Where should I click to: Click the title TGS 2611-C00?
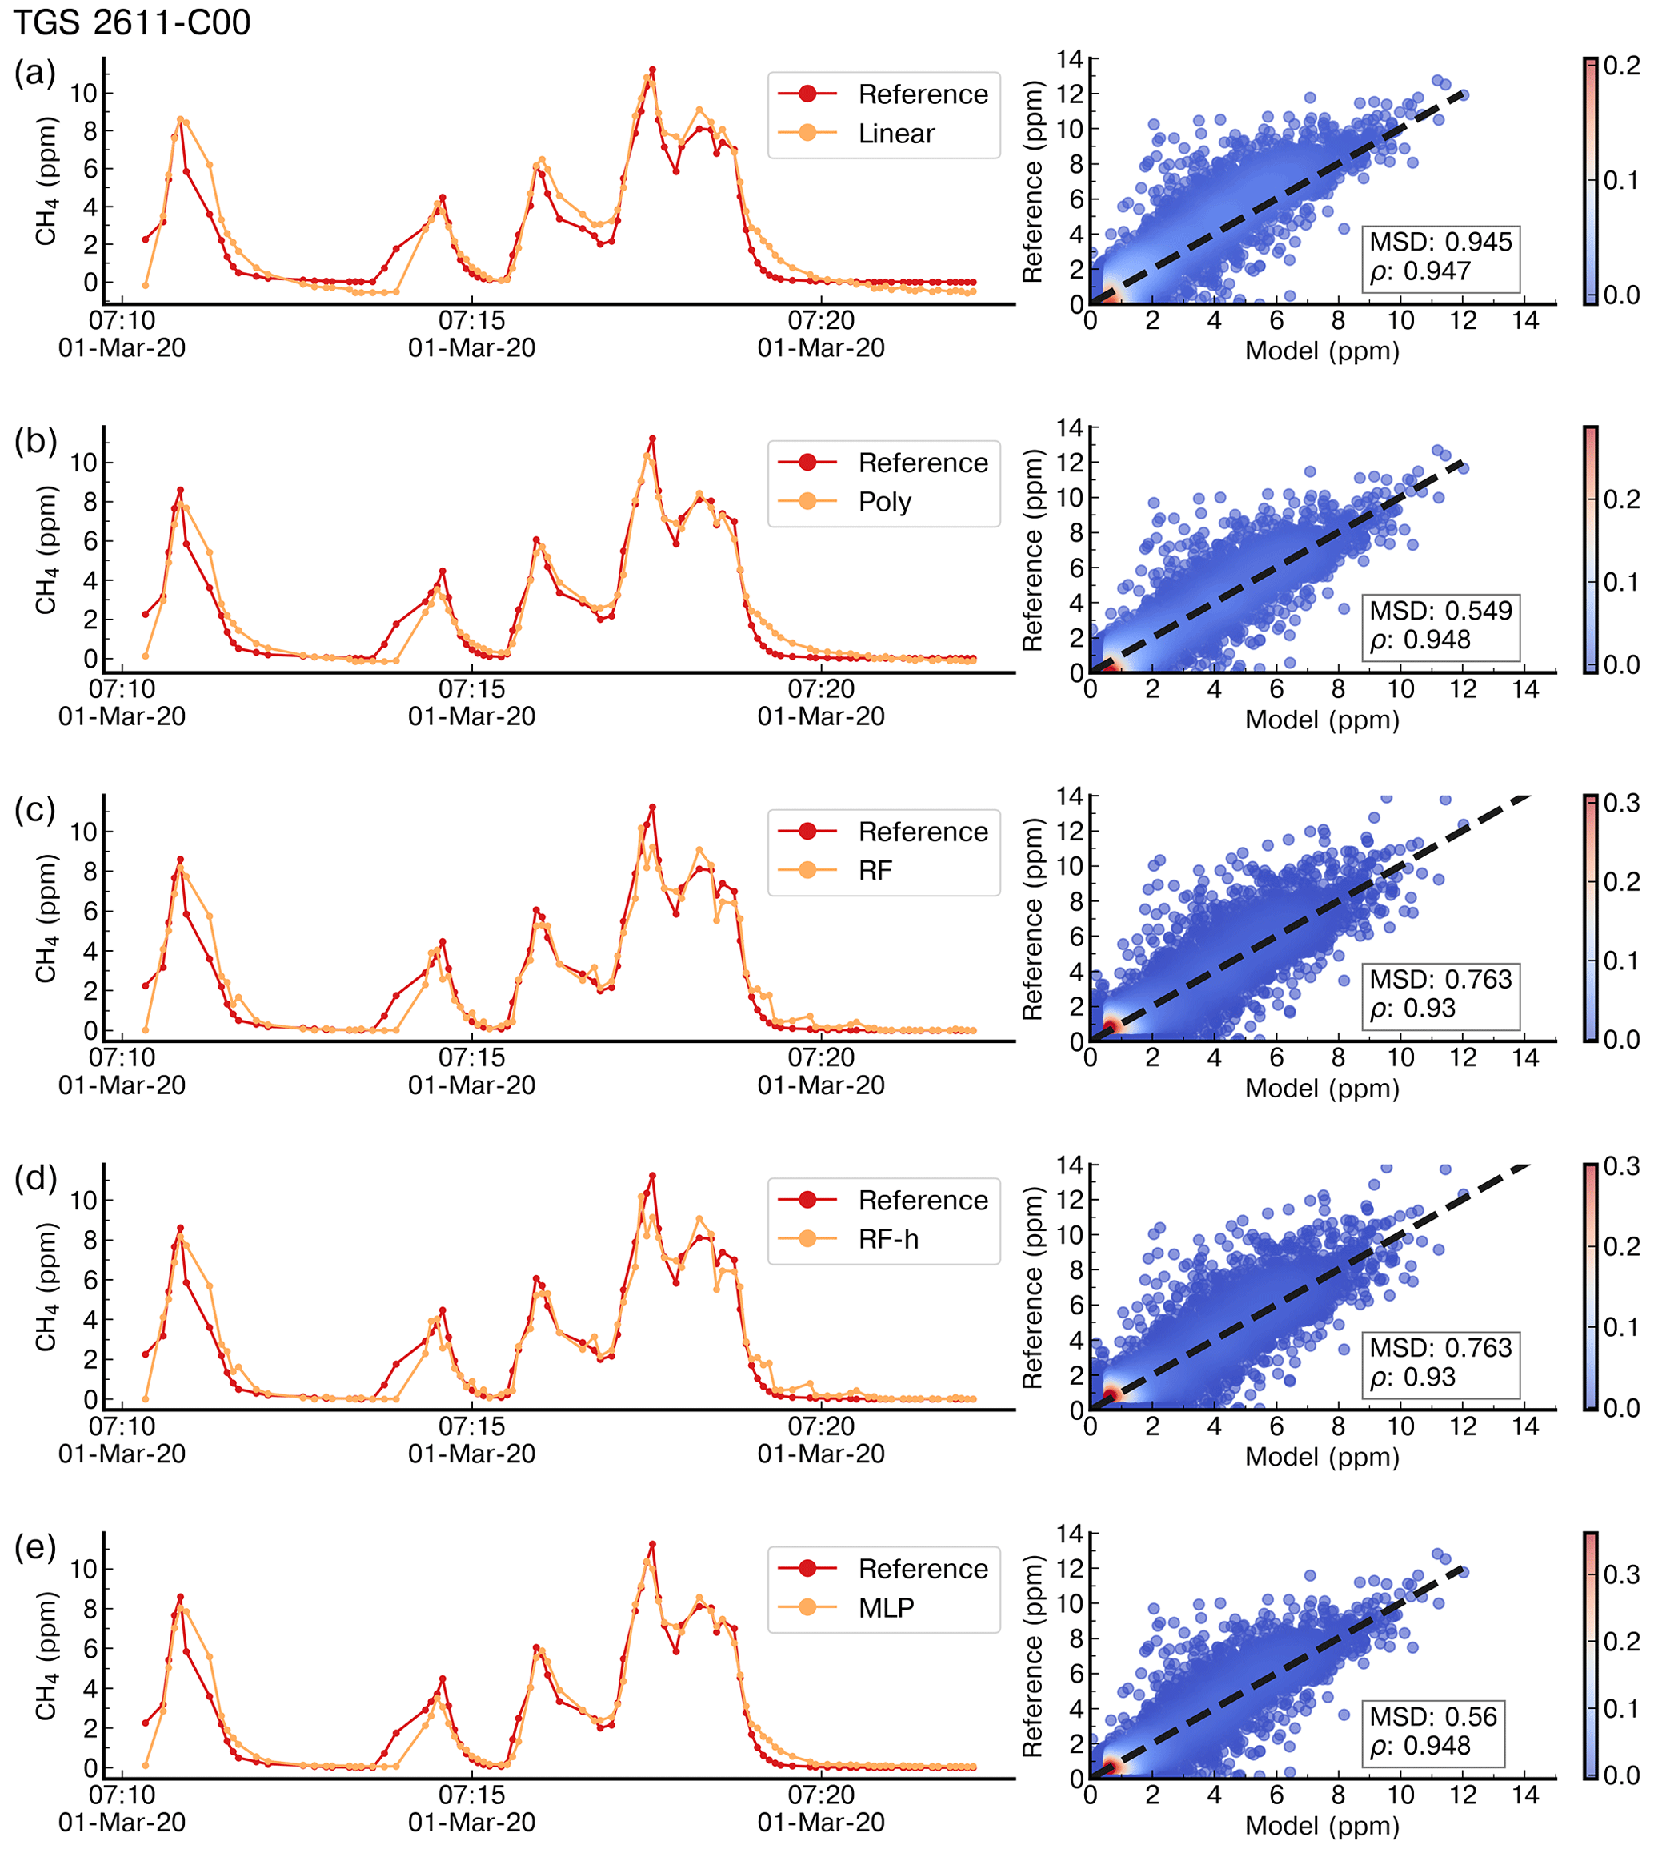tap(132, 22)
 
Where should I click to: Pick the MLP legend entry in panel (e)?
tap(885, 1607)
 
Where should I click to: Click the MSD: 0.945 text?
tap(1440, 242)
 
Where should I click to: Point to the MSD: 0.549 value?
tap(1440, 610)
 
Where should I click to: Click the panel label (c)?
tap(35, 809)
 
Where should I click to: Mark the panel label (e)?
tap(35, 1546)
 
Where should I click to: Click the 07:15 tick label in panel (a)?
tap(471, 321)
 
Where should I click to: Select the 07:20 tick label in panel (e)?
tap(821, 1795)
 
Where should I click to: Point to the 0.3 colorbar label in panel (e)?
tap(1621, 1575)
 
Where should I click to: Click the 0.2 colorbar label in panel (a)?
tap(1621, 66)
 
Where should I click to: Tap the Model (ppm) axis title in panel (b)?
tap(1321, 720)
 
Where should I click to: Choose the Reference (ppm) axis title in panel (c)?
tap(1032, 918)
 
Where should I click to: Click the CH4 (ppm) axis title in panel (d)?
tap(46, 1286)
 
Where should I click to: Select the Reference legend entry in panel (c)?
tap(923, 832)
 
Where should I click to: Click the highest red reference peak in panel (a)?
tap(652, 70)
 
